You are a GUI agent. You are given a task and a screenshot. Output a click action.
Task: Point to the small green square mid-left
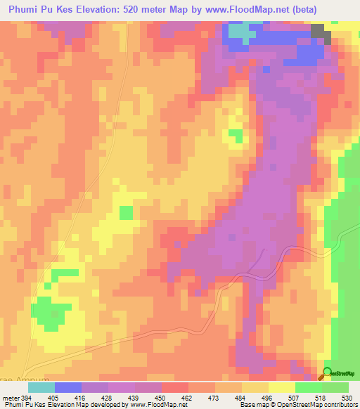point(126,212)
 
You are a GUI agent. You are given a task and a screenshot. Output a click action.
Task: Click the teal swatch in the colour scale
point(41,387)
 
